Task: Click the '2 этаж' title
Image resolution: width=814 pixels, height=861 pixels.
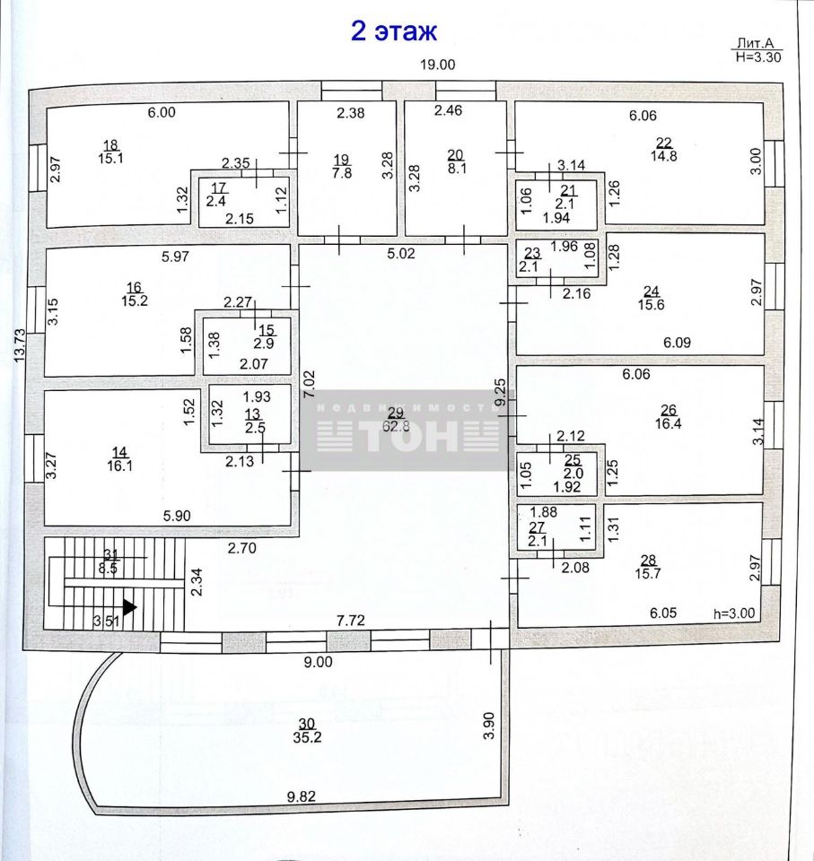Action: point(393,30)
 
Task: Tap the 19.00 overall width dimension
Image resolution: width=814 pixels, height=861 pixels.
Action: point(437,65)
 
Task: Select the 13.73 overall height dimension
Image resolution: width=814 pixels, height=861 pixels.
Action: point(20,344)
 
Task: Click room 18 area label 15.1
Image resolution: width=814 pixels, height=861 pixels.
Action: point(110,158)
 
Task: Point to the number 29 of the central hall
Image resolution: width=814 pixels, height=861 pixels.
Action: point(395,413)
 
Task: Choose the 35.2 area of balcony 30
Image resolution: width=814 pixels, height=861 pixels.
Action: point(307,737)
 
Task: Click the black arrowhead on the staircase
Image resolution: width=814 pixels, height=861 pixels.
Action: point(130,607)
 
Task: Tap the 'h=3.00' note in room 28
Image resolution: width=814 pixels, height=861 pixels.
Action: point(734,613)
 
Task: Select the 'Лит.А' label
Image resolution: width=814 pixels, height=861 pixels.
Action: point(755,43)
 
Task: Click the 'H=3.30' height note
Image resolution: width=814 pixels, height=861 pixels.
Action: point(758,57)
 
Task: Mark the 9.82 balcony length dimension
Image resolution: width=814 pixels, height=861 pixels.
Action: point(302,796)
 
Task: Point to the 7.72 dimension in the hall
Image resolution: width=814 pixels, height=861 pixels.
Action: point(351,621)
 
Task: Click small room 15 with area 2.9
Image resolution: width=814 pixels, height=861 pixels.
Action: point(247,344)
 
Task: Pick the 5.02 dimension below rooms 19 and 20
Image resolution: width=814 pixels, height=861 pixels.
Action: point(400,253)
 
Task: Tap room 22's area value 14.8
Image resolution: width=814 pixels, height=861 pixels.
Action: point(664,156)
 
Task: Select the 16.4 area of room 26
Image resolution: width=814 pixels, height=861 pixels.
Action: point(669,423)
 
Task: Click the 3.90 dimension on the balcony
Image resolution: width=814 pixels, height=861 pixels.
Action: point(488,726)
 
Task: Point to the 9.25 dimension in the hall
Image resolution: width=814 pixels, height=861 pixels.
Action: point(500,392)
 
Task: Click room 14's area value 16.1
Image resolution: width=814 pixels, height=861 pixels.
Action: point(120,465)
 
